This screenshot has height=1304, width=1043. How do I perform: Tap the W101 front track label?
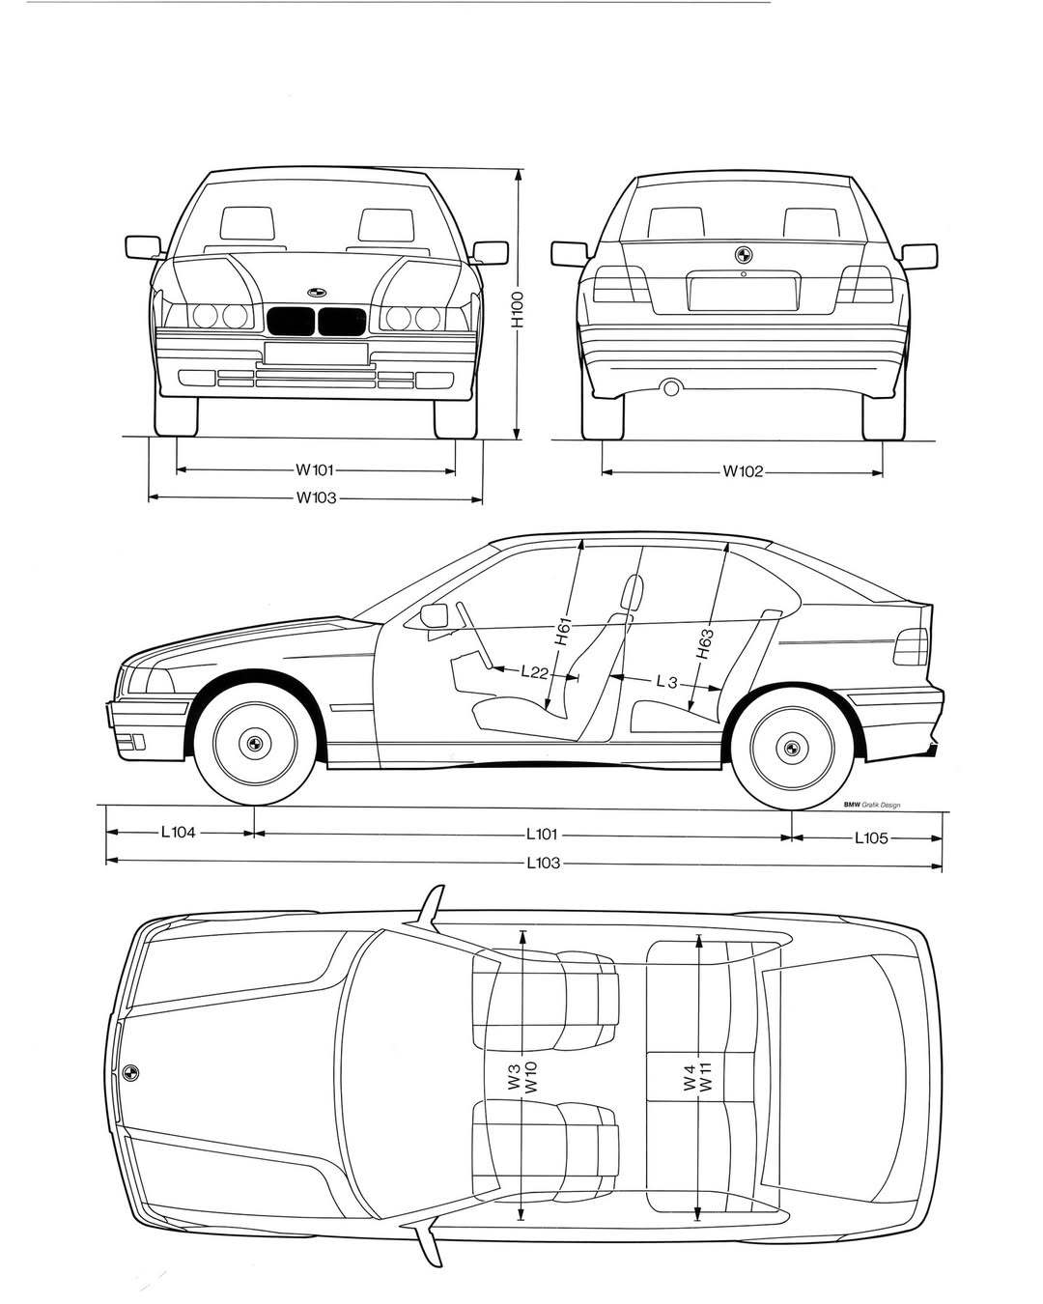click(315, 471)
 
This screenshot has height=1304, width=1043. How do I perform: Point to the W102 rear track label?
click(743, 472)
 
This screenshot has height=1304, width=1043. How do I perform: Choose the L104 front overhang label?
click(179, 831)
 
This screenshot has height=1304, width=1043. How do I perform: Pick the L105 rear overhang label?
click(871, 838)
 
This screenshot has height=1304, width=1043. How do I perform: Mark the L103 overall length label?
click(544, 863)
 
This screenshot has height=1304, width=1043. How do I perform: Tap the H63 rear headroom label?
click(705, 642)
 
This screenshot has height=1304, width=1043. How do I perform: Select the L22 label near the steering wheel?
click(534, 672)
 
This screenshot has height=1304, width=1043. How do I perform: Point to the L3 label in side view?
click(665, 682)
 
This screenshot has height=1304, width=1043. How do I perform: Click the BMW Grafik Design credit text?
click(871, 805)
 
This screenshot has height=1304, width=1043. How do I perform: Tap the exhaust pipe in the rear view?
click(669, 388)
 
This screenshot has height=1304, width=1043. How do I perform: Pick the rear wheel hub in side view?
click(791, 746)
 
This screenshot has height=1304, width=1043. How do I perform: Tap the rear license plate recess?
click(743, 294)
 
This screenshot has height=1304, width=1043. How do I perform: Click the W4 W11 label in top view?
click(696, 1072)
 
